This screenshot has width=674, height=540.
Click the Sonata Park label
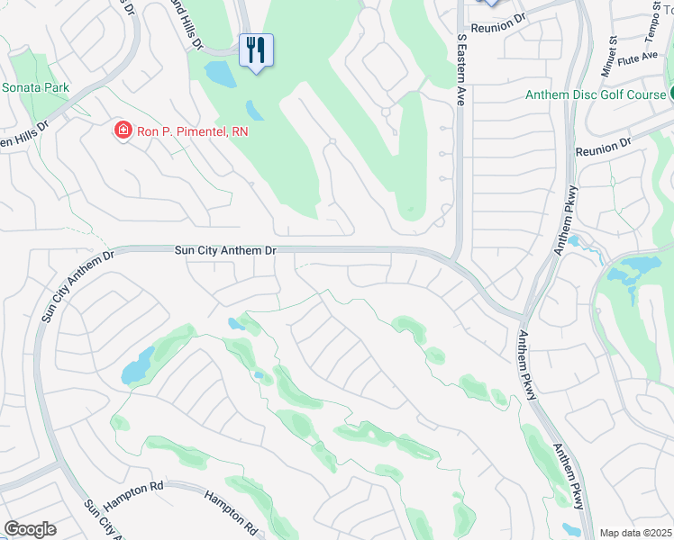(x=36, y=88)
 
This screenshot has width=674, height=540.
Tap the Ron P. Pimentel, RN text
(x=192, y=131)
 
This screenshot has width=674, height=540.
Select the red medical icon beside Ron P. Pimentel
(x=122, y=131)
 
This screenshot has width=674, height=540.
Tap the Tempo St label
(x=651, y=26)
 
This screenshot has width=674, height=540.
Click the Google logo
(x=30, y=528)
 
